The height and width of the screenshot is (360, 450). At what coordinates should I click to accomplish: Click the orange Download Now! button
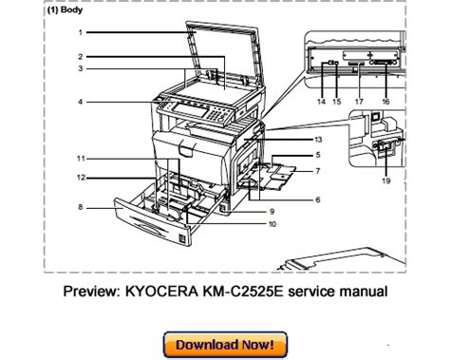[x=225, y=345]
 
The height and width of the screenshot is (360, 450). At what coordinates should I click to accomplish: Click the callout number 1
[x=81, y=32]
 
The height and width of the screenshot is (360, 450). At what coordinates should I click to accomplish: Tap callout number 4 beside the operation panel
[x=81, y=102]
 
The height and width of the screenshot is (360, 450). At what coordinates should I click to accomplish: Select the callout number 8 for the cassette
[x=81, y=207]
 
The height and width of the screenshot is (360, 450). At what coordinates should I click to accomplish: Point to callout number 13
[x=318, y=140]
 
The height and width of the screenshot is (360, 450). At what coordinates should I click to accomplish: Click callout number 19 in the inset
[x=386, y=180]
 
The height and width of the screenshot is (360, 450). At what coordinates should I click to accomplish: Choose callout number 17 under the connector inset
[x=359, y=102]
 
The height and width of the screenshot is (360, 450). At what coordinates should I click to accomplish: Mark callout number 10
[x=272, y=224]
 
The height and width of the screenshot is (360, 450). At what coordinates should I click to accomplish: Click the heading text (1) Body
[x=65, y=9]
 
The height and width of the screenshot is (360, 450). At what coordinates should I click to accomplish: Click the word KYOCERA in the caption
[x=160, y=292]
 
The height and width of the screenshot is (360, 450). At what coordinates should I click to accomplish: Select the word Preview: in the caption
[x=92, y=292]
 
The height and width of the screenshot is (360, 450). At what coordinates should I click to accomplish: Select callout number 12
[x=82, y=178]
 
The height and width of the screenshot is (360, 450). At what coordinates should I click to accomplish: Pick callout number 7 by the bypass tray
[x=318, y=171]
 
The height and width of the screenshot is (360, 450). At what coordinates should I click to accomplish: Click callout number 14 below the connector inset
[x=321, y=102]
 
